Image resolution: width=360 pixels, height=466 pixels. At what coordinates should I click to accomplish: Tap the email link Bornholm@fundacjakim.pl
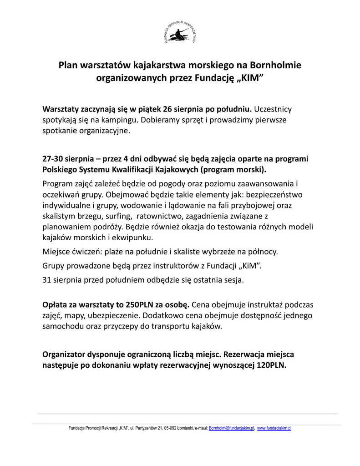point(232,428)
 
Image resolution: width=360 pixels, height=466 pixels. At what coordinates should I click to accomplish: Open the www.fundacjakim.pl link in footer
point(274,428)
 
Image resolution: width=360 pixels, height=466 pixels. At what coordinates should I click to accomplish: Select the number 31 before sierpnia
point(46,280)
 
